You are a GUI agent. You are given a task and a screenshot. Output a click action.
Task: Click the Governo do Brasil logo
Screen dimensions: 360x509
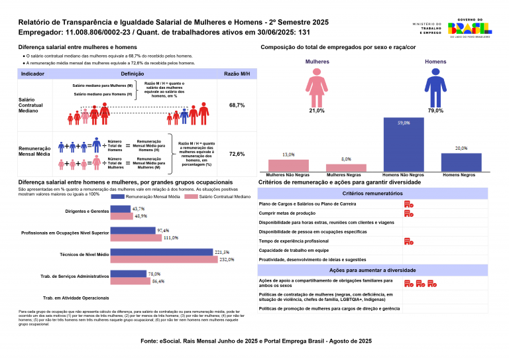tap(469, 28)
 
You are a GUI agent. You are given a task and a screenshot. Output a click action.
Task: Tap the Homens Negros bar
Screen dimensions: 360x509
tap(461, 162)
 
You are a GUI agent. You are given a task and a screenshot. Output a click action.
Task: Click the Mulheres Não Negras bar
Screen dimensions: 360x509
tap(288, 165)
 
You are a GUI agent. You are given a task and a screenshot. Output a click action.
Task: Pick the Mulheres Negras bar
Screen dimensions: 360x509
tap(346, 168)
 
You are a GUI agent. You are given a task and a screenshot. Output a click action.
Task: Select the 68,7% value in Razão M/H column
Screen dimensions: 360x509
tap(237, 105)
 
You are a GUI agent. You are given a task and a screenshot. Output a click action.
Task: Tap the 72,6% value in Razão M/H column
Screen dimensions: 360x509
tap(237, 154)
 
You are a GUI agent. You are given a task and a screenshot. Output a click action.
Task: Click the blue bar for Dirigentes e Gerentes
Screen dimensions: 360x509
tap(121, 209)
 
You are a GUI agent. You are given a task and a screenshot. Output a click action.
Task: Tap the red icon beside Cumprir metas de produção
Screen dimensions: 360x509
tap(408, 213)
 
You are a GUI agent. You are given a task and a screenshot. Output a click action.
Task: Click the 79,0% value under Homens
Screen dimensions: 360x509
tap(435, 111)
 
